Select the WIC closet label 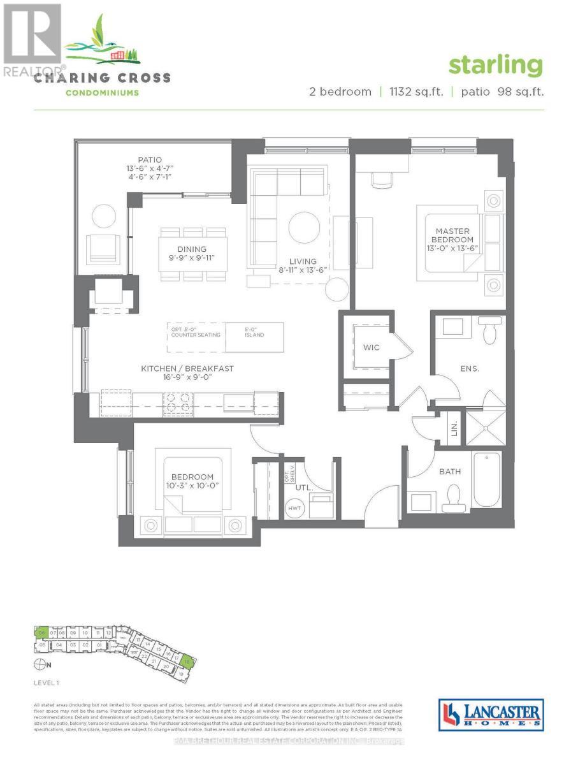coord(372,347)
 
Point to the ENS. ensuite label coord(471,368)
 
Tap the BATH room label coord(450,472)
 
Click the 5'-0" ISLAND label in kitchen coord(255,332)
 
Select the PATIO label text coord(150,159)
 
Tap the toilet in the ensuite coord(489,331)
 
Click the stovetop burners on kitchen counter coord(179,401)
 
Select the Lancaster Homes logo coord(491,714)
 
